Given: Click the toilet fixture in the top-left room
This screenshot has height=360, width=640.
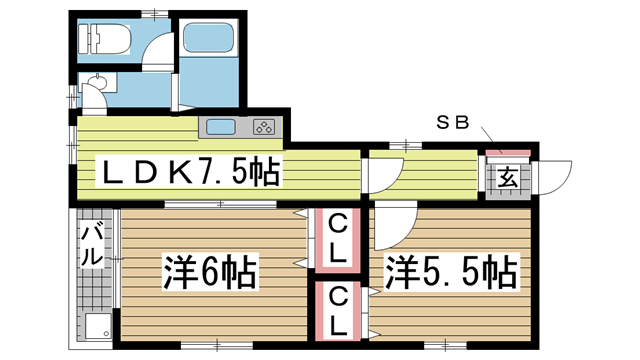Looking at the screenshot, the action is (x=104, y=39).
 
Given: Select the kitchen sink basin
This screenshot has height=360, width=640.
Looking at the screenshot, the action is (x=221, y=127).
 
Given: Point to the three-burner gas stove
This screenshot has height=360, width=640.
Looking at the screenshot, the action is (x=264, y=127).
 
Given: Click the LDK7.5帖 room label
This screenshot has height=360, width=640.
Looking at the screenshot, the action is (x=188, y=172).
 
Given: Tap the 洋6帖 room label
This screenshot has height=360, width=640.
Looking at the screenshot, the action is (x=211, y=271).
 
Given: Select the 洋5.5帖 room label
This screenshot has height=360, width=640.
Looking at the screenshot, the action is (x=451, y=271).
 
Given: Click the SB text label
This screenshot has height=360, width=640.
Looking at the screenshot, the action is (x=453, y=122).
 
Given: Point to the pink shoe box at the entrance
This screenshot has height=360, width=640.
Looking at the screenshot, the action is (x=508, y=153).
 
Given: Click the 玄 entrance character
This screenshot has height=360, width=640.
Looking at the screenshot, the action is (x=507, y=178).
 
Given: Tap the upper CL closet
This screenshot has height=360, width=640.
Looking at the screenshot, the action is (x=338, y=240).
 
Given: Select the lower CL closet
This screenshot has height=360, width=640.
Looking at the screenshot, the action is (x=338, y=311).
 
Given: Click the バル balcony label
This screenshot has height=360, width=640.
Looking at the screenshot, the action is (x=91, y=245).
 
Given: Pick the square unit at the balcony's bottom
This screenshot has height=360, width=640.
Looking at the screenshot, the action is (x=98, y=326).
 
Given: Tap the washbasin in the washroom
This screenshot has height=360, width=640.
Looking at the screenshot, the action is (x=98, y=82).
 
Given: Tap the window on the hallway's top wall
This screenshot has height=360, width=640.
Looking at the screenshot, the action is (x=406, y=145).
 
